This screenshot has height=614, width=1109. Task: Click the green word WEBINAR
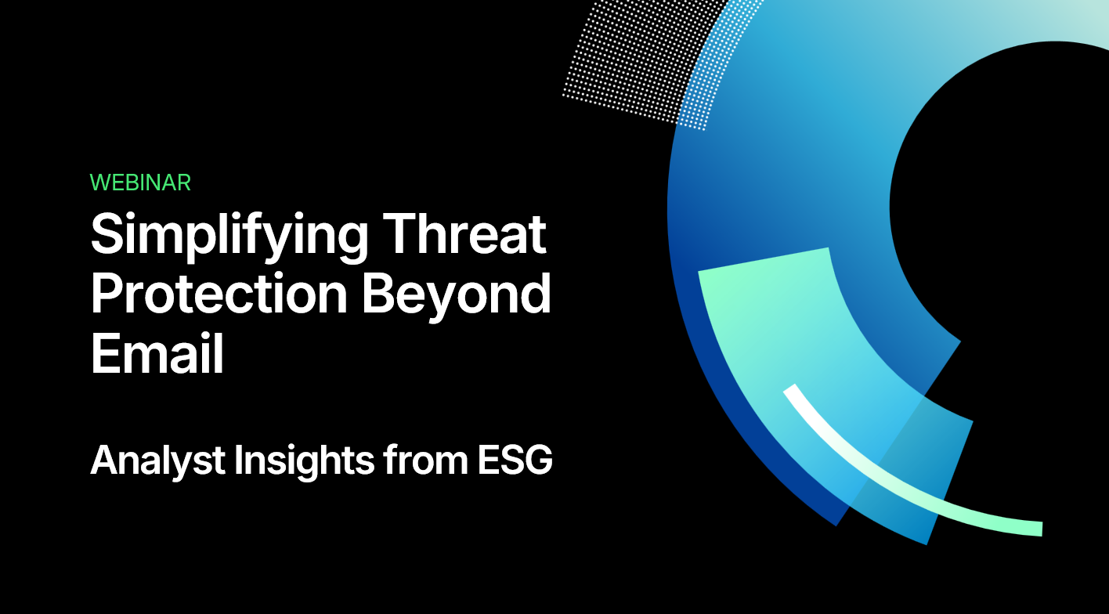[141, 182]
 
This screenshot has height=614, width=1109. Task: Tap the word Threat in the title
[465, 233]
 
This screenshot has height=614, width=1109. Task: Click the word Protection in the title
[219, 294]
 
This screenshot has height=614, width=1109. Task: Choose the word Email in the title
[157, 352]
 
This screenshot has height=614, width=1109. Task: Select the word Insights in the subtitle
[304, 461]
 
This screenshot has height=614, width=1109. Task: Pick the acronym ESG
[515, 460]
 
